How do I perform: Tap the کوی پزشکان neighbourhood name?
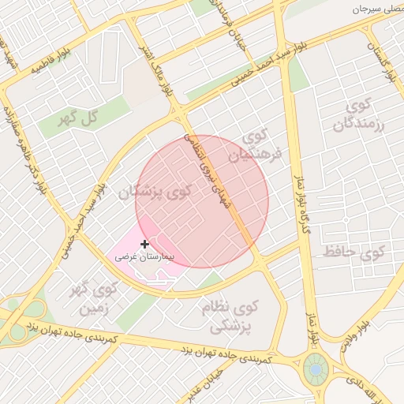156,191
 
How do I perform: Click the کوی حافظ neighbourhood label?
353,253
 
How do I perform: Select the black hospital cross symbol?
144,245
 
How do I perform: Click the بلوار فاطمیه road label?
50,64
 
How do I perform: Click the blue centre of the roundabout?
316,368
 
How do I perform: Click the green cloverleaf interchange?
24,312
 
